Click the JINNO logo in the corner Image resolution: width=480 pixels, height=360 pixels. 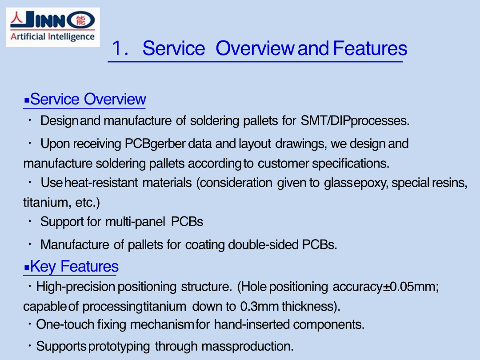53,27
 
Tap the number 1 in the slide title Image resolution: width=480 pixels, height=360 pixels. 117,48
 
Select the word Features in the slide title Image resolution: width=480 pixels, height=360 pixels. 370,48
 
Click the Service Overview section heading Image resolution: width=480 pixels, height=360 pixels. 85,99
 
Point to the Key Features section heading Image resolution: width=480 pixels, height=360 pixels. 71,266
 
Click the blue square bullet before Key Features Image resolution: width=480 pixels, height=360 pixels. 27,268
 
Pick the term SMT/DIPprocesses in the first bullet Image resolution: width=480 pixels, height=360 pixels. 355,120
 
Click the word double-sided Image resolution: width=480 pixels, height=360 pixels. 263,244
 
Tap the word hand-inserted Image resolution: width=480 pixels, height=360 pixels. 252,324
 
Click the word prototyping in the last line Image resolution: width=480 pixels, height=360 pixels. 119,347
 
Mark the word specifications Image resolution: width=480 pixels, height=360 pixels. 351,164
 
